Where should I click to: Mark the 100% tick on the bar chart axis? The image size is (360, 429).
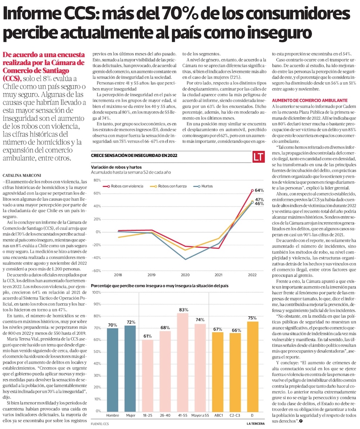point(96,292)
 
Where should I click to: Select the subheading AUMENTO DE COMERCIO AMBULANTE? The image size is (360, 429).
point(309,100)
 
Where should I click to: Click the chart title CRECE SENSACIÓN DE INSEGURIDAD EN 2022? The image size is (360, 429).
point(134,155)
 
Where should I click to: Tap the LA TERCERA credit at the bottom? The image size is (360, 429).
point(257,424)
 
